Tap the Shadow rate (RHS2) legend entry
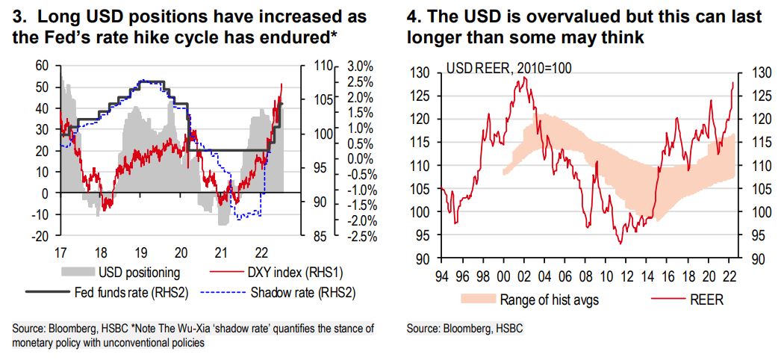299,292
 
